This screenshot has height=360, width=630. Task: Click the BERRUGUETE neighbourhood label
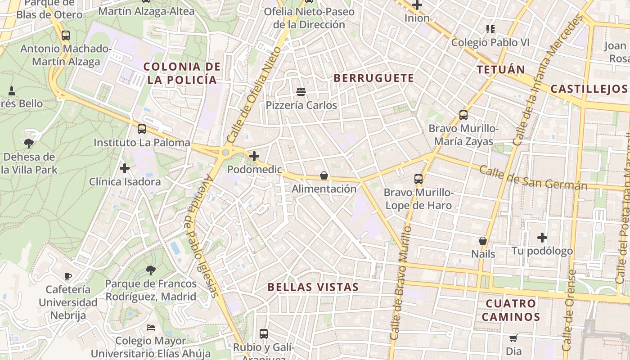pos(373,78)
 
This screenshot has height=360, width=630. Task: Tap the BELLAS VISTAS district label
pos(313,287)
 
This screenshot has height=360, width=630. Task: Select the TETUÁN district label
pos(501,70)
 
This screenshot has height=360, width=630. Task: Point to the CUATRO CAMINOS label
pos(511,310)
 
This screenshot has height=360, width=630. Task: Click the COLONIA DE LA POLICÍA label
pos(182,73)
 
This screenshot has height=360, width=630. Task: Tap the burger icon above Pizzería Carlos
pos(301,92)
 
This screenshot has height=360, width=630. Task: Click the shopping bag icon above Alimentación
pos(324,175)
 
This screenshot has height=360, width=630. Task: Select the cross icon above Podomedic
pos(254,156)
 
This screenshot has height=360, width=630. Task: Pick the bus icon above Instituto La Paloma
pos(142,130)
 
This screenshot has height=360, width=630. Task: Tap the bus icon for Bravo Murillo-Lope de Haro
pos(418,179)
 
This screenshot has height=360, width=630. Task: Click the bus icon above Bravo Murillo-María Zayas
pos(463,115)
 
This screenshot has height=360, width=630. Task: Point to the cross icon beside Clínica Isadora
pos(125,168)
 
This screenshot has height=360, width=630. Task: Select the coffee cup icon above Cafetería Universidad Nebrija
pos(67,276)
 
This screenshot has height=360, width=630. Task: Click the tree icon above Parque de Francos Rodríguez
pos(151,270)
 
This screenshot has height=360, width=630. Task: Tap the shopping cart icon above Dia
pos(513,337)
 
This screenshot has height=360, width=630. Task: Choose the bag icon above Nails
pos(483,241)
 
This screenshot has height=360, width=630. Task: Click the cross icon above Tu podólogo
pos(542,237)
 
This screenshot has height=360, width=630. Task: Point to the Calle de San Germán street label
pos(533,178)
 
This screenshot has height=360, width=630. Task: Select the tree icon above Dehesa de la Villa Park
pos(29,144)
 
